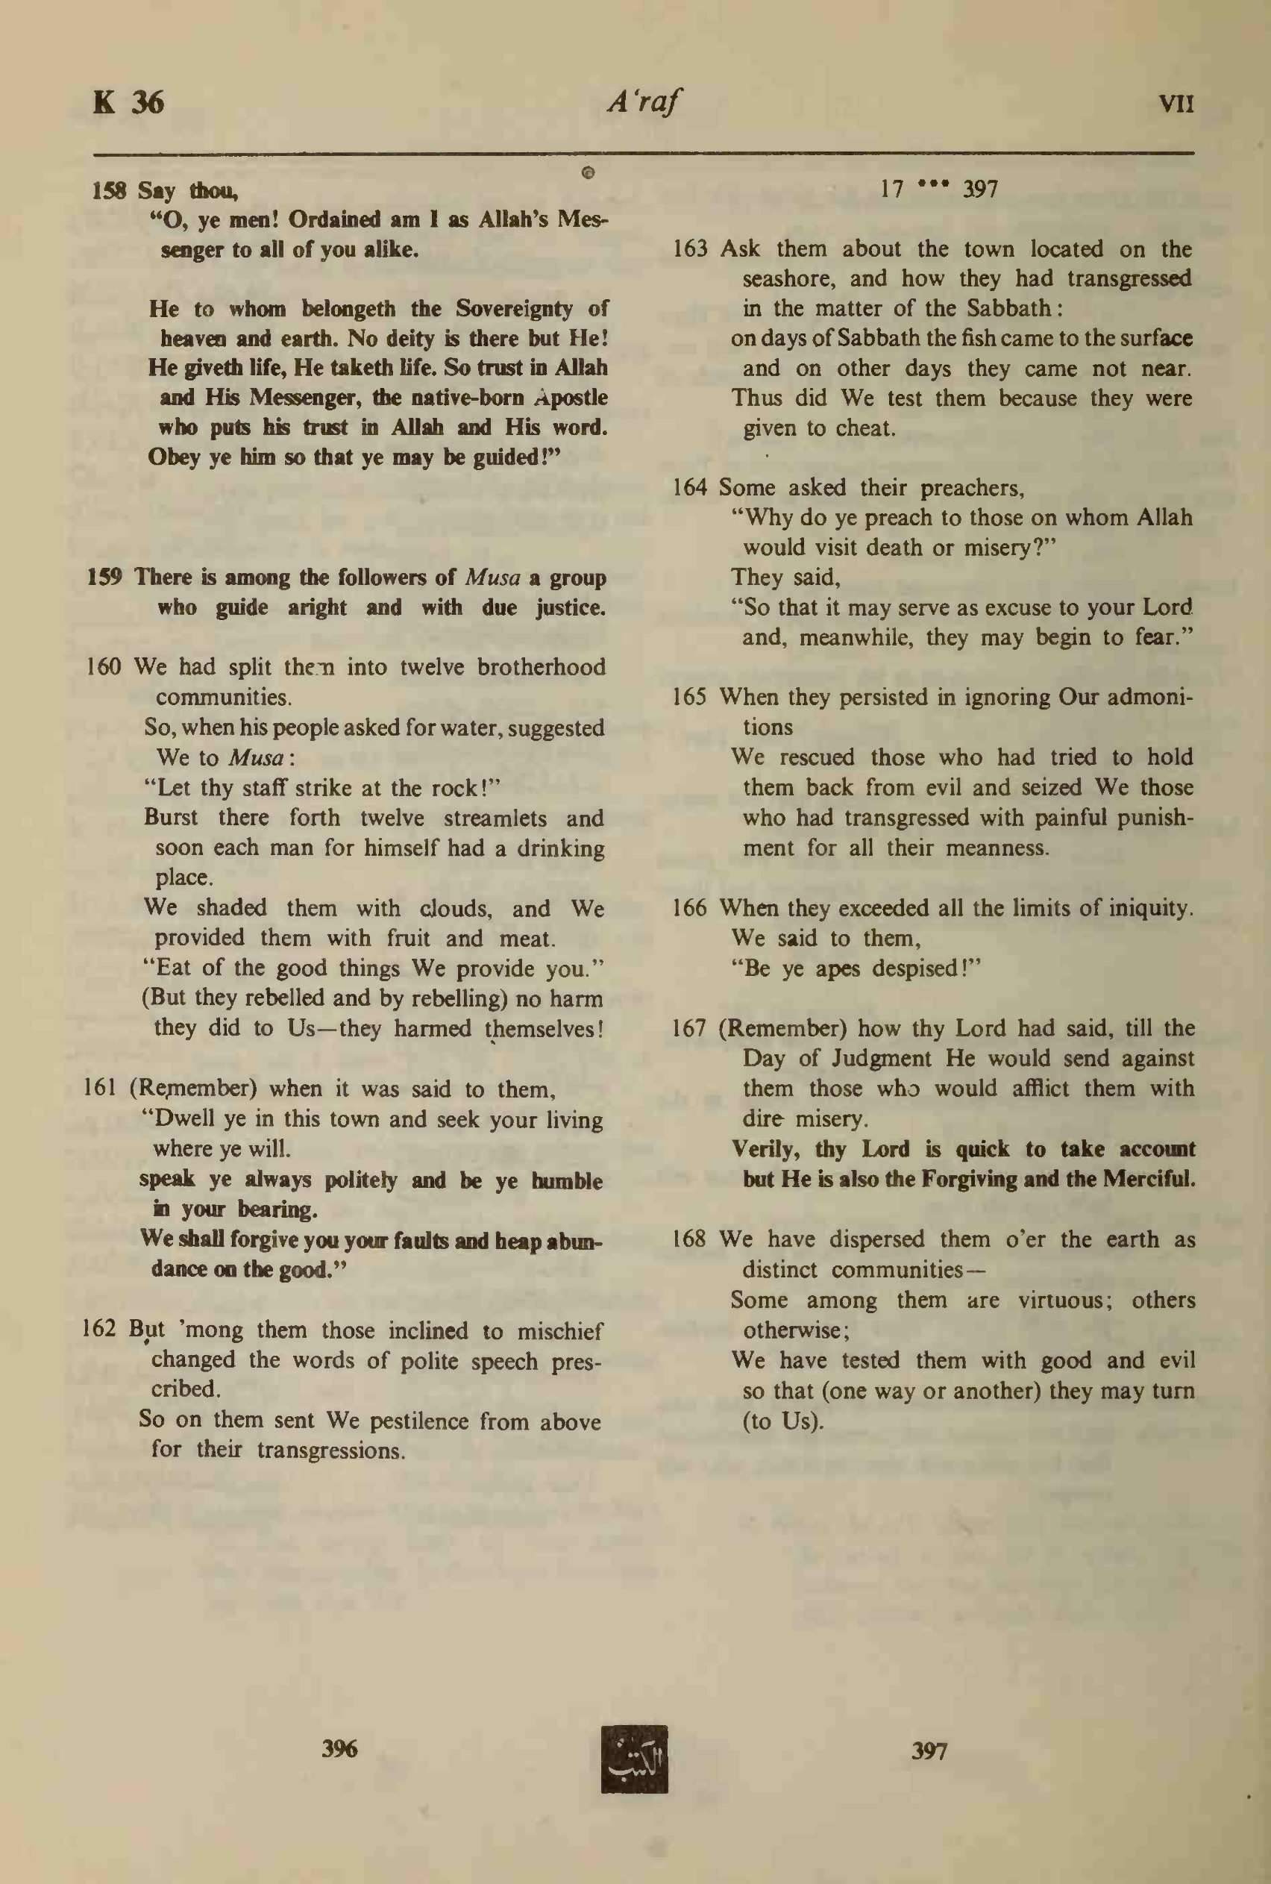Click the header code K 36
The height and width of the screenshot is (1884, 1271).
point(128,103)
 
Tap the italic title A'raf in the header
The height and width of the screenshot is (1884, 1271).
point(644,103)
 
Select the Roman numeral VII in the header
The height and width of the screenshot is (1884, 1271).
point(1176,104)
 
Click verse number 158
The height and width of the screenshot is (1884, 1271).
point(109,191)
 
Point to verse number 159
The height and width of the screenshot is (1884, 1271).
point(104,578)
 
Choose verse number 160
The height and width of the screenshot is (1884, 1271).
point(103,667)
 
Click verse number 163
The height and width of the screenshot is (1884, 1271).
point(690,249)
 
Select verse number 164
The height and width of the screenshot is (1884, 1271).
point(690,487)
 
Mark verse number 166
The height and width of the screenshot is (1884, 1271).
point(690,908)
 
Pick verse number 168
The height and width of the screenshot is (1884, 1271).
point(690,1239)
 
